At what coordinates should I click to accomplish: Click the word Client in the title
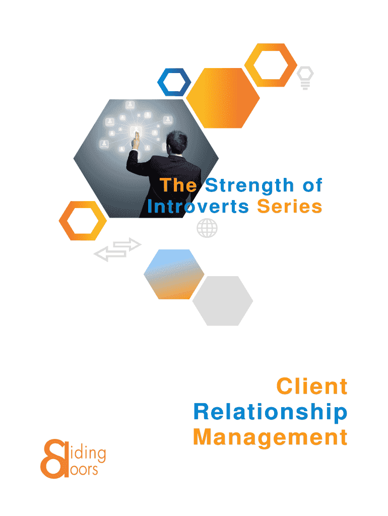(x=312, y=387)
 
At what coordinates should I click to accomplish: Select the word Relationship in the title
(x=271, y=412)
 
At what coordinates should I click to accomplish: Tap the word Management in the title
(x=271, y=437)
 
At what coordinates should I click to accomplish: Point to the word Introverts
(x=198, y=207)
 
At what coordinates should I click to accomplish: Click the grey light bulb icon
(x=305, y=78)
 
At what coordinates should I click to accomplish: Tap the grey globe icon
(x=207, y=228)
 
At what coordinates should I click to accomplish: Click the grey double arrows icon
(x=118, y=249)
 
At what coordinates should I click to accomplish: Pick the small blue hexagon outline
(x=174, y=81)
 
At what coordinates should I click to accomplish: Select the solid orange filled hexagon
(x=223, y=98)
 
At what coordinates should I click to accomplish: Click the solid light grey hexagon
(x=222, y=301)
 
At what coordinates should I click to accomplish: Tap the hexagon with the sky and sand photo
(x=174, y=274)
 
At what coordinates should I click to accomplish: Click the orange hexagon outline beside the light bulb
(x=271, y=65)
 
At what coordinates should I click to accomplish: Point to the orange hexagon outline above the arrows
(x=83, y=221)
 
